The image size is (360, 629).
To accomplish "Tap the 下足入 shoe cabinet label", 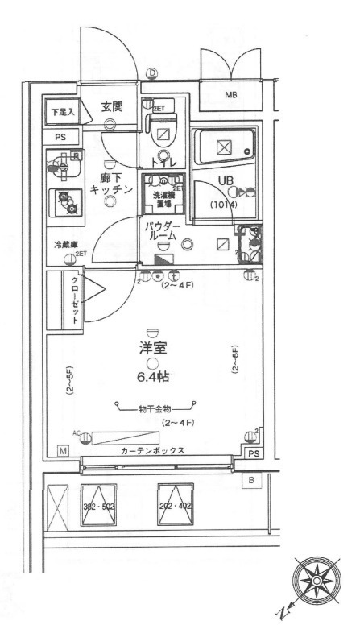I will click(61, 113).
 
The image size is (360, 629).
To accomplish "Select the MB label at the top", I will click(230, 96).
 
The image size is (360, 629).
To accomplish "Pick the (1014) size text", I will click(222, 204).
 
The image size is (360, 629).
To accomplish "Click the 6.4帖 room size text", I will click(152, 375).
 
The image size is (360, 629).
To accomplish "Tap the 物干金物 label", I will click(155, 408).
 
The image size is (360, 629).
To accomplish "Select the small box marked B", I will click(250, 481).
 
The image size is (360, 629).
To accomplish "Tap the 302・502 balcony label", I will click(97, 507).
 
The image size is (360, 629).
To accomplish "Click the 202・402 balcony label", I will click(176, 507).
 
